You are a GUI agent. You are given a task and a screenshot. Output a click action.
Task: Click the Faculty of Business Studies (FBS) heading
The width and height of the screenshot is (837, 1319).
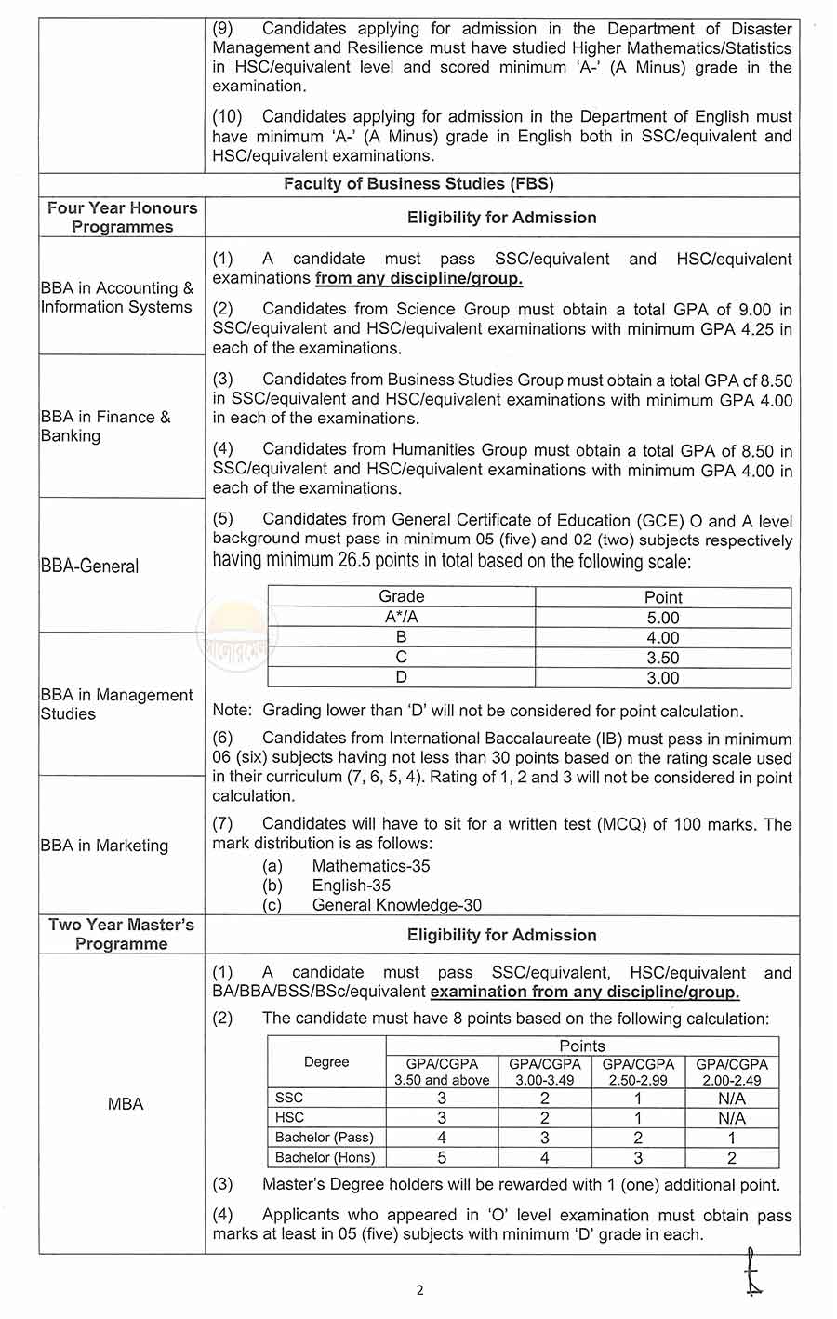tap(418, 184)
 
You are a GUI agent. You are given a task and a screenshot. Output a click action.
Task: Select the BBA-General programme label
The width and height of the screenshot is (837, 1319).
tap(90, 566)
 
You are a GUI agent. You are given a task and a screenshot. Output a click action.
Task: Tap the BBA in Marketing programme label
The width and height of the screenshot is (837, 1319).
tap(104, 846)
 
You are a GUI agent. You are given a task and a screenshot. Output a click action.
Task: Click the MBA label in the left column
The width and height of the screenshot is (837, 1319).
tap(126, 1104)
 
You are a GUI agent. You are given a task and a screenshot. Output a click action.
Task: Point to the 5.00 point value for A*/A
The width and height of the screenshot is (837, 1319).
tap(662, 618)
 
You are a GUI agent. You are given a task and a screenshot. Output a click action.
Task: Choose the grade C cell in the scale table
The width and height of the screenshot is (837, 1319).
tap(401, 658)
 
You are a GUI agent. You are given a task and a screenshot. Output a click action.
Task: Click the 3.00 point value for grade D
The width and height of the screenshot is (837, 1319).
tap(662, 678)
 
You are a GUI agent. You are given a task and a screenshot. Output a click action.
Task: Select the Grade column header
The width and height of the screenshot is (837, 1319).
tap(401, 597)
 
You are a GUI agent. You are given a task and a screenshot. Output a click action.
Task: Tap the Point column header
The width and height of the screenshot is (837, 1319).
tap(662, 597)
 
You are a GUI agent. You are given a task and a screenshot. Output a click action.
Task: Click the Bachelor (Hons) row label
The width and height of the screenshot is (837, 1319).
tap(325, 1158)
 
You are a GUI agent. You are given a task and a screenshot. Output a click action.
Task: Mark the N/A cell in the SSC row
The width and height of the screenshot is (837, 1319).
tap(731, 1099)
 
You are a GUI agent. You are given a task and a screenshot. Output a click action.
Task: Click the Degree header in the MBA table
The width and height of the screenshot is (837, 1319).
tap(326, 1062)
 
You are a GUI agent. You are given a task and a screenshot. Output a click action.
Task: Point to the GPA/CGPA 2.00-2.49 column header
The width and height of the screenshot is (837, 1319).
tap(732, 1072)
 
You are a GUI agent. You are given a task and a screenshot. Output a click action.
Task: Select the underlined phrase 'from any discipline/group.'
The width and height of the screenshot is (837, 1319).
tap(418, 279)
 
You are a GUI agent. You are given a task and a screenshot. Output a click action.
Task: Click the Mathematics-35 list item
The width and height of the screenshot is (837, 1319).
tap(370, 866)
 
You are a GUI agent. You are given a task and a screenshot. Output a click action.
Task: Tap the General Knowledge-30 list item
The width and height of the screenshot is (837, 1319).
tap(396, 905)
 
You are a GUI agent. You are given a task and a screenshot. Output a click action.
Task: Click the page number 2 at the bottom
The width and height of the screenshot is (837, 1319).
tap(419, 1290)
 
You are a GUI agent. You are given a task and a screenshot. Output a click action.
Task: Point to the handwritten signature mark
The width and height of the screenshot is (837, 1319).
tap(752, 1272)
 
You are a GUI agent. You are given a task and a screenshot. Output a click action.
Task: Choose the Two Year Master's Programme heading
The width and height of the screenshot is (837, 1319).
tap(122, 934)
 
